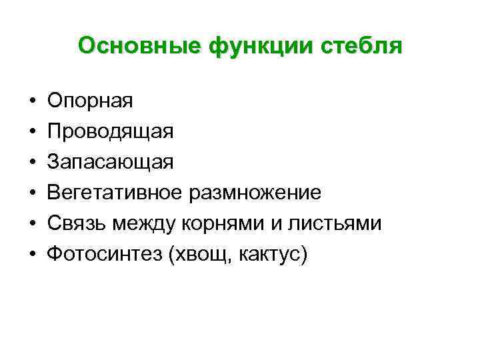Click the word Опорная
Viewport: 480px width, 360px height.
tap(90, 101)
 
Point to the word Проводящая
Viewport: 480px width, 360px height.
tap(111, 132)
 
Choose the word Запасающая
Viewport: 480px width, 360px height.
tap(111, 162)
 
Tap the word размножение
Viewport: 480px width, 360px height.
tap(256, 193)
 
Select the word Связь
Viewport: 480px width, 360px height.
tap(73, 223)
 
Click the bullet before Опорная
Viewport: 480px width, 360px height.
tap(32, 102)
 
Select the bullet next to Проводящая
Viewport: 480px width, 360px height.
tap(32, 133)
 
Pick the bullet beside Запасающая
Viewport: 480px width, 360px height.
tap(32, 163)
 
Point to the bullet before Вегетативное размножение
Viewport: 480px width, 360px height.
tap(32, 193)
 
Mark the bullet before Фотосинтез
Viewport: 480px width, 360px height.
tap(32, 255)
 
